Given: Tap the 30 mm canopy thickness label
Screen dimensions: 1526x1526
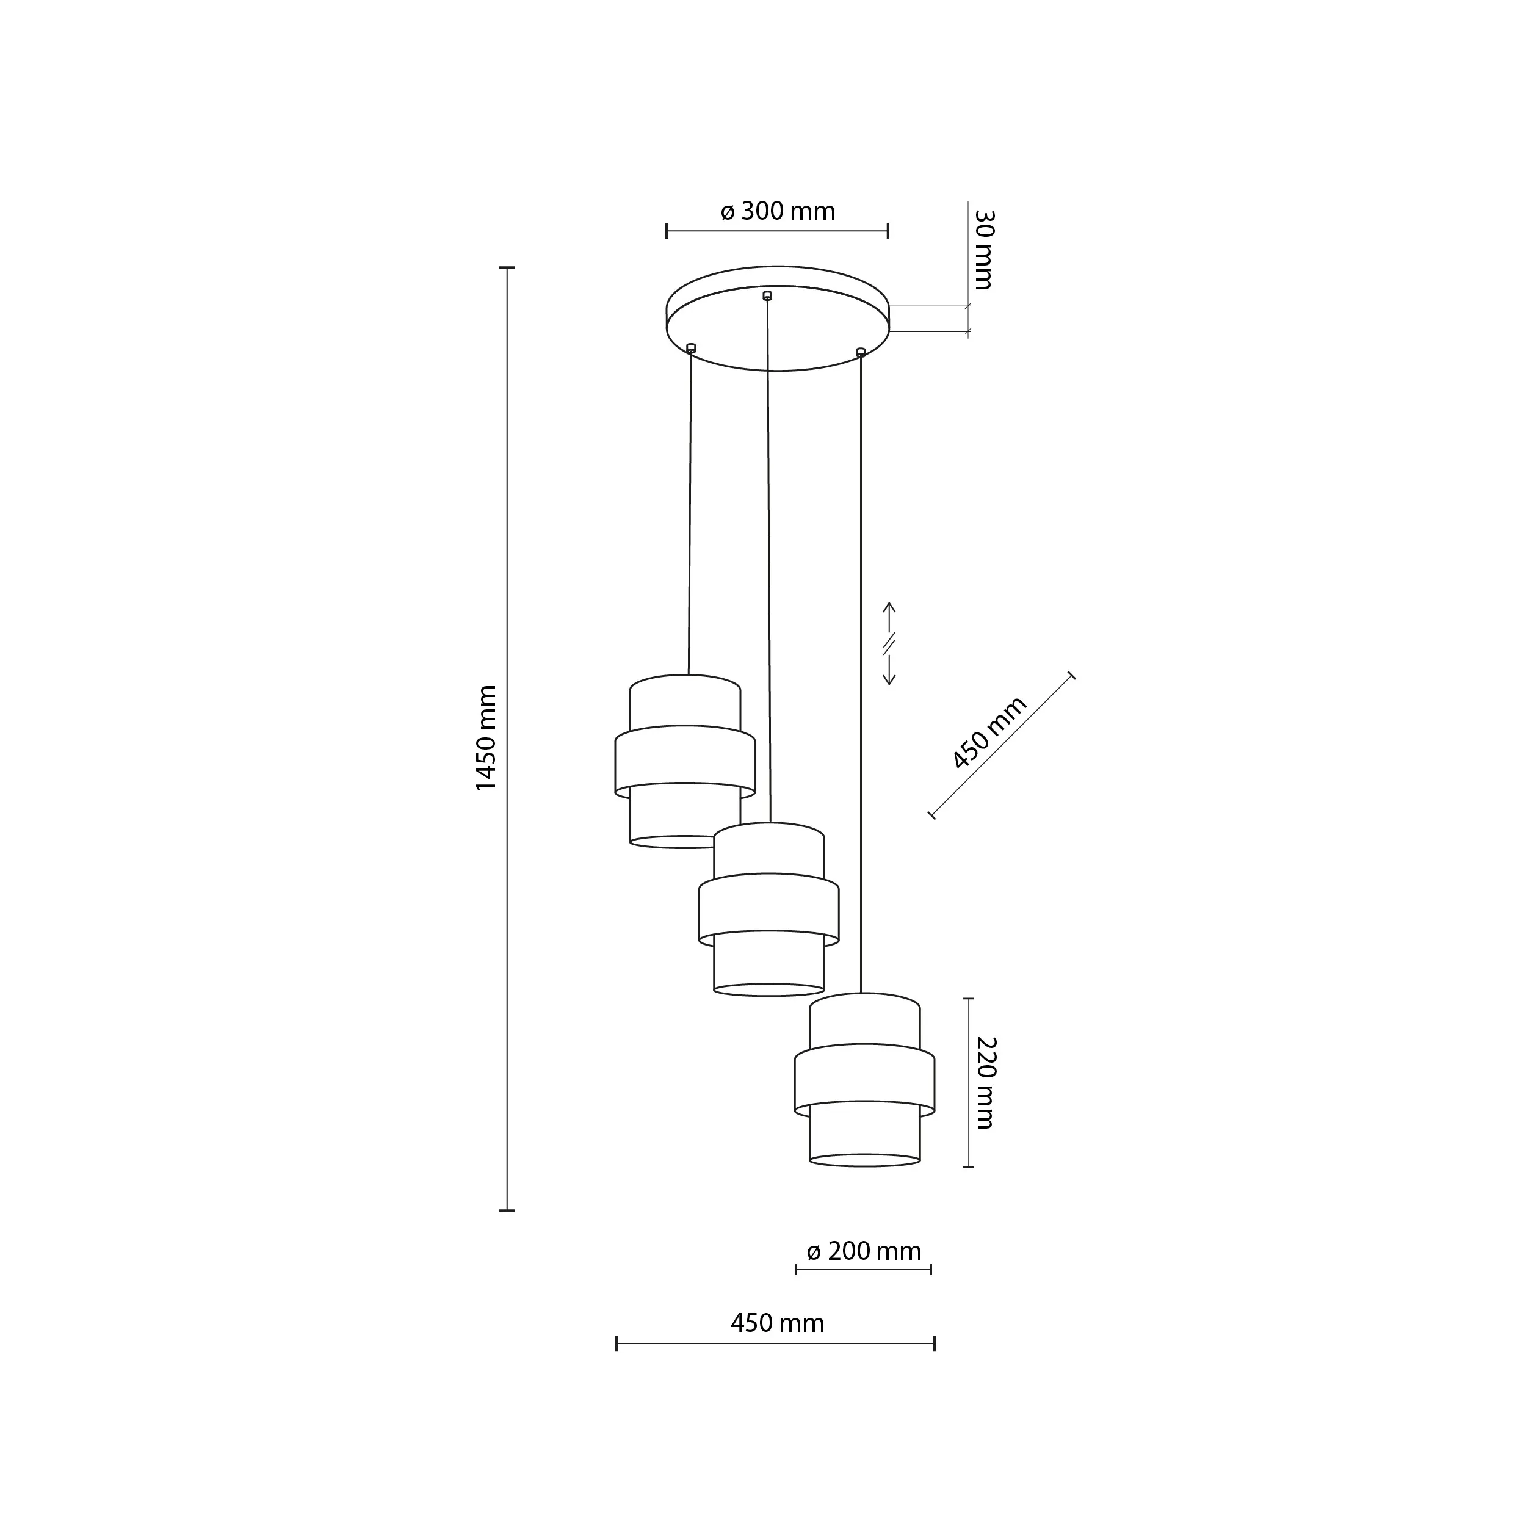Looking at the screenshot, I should (x=983, y=250).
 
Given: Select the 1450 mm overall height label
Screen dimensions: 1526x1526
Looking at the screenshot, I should (x=486, y=739).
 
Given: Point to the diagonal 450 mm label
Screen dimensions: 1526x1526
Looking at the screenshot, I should (x=989, y=732).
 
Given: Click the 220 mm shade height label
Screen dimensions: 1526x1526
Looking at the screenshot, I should (x=985, y=1083).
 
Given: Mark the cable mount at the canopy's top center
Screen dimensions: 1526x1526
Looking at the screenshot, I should (x=767, y=295).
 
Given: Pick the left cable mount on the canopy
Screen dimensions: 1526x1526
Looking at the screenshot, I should (x=691, y=347).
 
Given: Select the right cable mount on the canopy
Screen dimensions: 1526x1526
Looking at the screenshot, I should (x=861, y=352).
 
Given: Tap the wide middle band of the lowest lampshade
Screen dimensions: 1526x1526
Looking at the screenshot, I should (x=864, y=1081).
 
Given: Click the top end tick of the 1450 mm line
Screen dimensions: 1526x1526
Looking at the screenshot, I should (x=507, y=268).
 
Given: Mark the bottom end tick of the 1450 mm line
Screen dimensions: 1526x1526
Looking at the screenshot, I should (x=507, y=1210).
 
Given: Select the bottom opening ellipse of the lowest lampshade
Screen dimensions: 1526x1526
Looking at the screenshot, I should (x=864, y=1160).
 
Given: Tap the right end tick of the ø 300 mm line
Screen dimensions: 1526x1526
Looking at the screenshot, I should (x=888, y=231).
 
